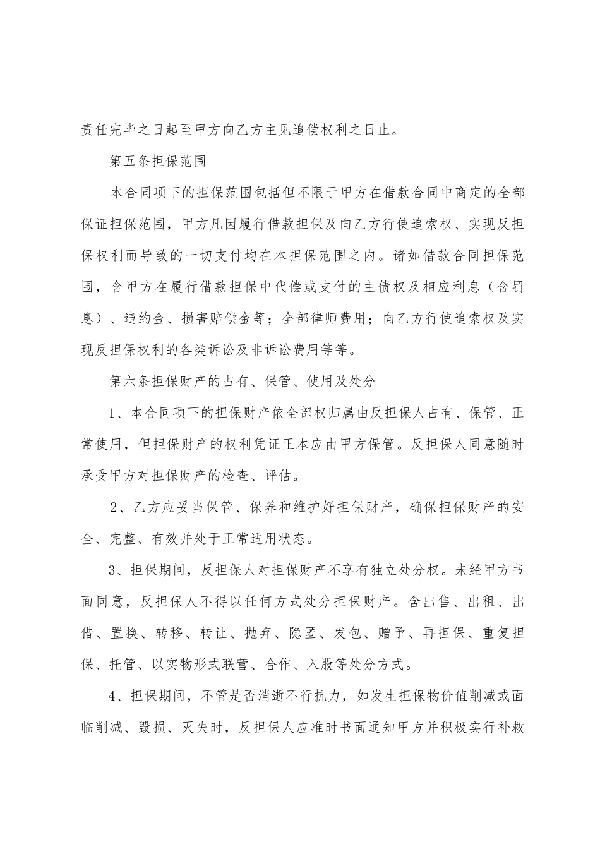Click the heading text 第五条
click(x=132, y=161)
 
